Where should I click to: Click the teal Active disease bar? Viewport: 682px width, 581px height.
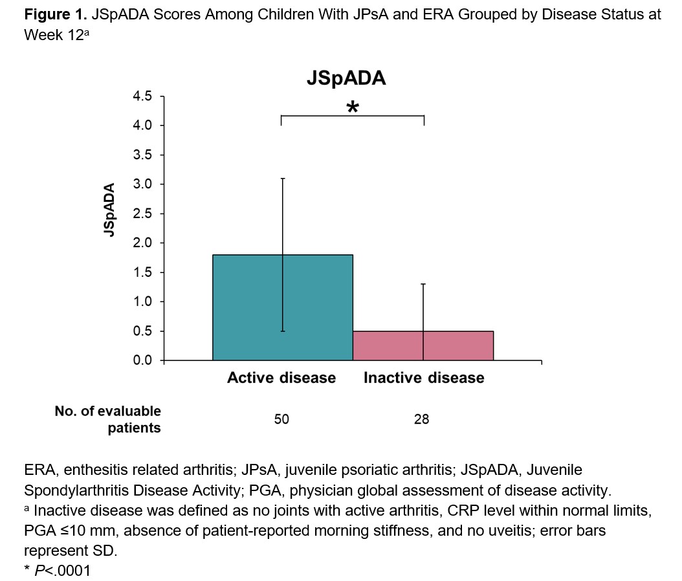(283, 307)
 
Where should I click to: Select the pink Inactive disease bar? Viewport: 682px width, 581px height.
(423, 345)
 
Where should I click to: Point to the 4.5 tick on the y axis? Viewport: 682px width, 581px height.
(143, 96)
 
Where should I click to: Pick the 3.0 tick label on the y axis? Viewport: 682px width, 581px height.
(143, 184)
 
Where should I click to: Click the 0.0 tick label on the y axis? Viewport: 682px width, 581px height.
(143, 360)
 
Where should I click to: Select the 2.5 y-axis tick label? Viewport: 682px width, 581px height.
(143, 214)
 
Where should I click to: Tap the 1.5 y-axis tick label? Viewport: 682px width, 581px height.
(143, 272)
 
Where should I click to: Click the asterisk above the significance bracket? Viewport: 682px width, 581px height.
(353, 107)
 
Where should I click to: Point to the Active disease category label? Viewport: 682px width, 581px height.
(281, 378)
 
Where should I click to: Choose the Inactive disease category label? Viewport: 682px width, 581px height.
(424, 378)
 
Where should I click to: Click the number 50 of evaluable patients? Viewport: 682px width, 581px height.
(281, 420)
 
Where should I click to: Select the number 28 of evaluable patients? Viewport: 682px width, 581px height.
(422, 420)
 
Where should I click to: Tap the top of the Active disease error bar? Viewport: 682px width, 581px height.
(283, 178)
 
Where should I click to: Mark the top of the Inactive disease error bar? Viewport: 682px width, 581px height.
(423, 284)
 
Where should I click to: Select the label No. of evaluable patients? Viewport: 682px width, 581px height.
(107, 419)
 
